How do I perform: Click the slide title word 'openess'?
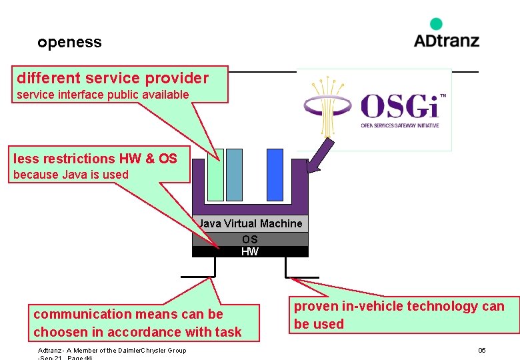[x=69, y=42]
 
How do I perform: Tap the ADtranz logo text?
[x=446, y=40]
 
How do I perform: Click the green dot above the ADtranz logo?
[x=436, y=24]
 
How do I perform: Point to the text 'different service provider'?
[x=113, y=78]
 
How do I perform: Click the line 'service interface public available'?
[x=103, y=95]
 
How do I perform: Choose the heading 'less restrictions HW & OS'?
[x=95, y=159]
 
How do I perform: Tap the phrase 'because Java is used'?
[x=71, y=175]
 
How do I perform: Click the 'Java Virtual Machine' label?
[x=250, y=223]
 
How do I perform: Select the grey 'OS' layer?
[x=250, y=239]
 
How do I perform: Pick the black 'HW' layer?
[x=250, y=251]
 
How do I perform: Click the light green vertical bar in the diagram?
[x=215, y=175]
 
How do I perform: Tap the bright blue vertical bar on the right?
[x=275, y=175]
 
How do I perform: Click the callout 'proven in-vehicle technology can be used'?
[x=399, y=315]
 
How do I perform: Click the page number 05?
[x=481, y=350]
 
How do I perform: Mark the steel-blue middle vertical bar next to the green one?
[x=234, y=175]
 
